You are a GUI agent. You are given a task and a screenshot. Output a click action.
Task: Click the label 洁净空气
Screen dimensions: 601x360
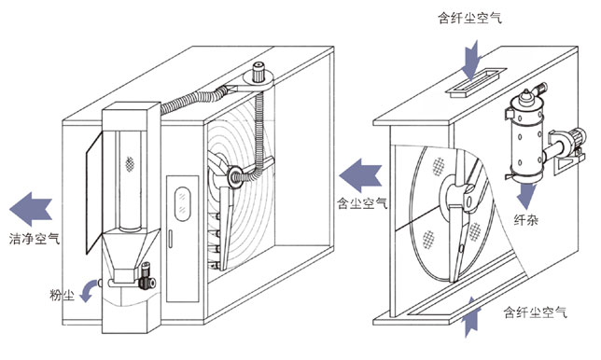coord(35,239)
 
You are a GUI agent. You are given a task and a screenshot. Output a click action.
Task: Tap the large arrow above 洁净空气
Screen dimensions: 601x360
coord(31,209)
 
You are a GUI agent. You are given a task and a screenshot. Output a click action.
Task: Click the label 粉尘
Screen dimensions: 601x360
coord(63,296)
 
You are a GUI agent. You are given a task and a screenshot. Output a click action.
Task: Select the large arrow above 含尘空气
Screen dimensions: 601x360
coord(360,175)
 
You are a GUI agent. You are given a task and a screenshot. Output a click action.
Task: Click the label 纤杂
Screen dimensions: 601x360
coord(526,220)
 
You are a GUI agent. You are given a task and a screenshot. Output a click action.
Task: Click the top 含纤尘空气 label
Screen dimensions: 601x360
coord(470,18)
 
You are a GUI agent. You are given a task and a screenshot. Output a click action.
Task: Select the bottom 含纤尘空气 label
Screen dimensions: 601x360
coord(535,312)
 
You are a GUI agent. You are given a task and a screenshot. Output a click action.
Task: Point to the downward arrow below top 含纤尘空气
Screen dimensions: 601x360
coord(471,61)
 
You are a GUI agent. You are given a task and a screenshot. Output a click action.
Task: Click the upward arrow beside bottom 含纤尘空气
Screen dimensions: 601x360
coord(471,316)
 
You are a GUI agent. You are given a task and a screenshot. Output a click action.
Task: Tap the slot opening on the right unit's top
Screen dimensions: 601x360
coord(476,81)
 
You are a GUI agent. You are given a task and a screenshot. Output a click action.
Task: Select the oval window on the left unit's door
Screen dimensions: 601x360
coord(182,203)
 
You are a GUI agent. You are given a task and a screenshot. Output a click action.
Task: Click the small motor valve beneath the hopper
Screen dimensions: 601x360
coord(147,276)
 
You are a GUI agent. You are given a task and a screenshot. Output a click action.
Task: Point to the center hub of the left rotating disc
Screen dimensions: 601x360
coord(234,176)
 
